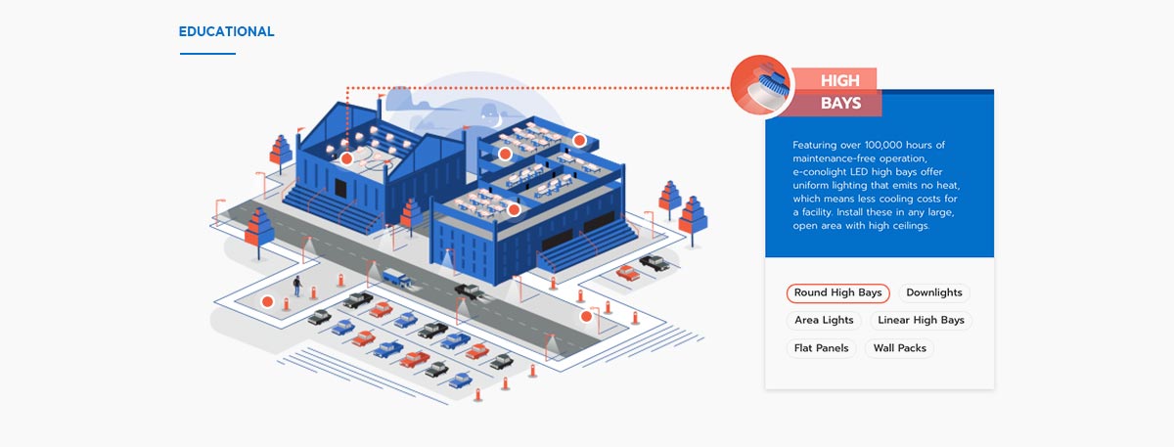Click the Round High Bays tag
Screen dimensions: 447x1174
(837, 292)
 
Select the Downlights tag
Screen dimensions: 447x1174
(933, 292)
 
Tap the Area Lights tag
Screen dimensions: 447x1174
(824, 320)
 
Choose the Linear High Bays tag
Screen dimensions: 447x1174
(921, 320)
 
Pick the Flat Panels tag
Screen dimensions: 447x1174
(822, 348)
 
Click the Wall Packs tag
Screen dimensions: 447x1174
(899, 348)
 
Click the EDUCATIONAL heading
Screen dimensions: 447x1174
(226, 31)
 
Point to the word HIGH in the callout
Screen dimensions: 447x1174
(840, 80)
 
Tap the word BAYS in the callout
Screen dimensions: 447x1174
(840, 103)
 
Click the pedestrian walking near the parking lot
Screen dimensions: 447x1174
(296, 285)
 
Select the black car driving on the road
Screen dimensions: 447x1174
(469, 291)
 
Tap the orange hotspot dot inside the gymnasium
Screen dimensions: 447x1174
(345, 157)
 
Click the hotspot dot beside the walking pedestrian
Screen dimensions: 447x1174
(267, 301)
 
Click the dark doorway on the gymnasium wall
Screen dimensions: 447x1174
(340, 188)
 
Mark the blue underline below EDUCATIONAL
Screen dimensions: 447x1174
(207, 53)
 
